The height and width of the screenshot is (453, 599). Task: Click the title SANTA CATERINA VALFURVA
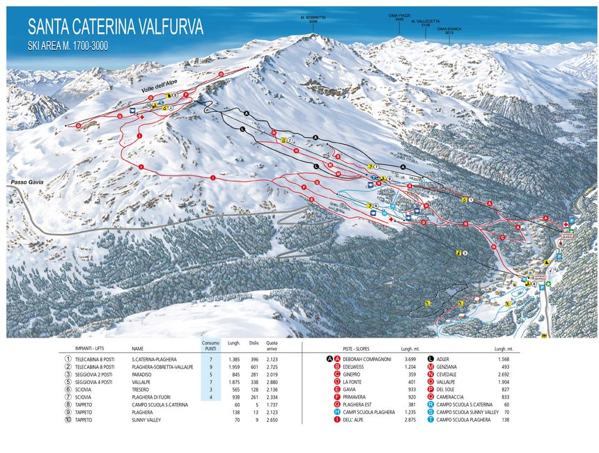tap(116, 27)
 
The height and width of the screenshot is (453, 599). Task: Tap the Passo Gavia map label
tap(27, 182)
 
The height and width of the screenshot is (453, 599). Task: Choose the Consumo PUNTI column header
tap(210, 344)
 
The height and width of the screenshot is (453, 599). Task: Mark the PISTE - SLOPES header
tap(357, 348)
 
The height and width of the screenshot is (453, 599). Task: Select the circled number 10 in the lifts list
tap(68, 420)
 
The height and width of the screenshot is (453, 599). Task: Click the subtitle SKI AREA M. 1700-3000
tap(68, 45)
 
